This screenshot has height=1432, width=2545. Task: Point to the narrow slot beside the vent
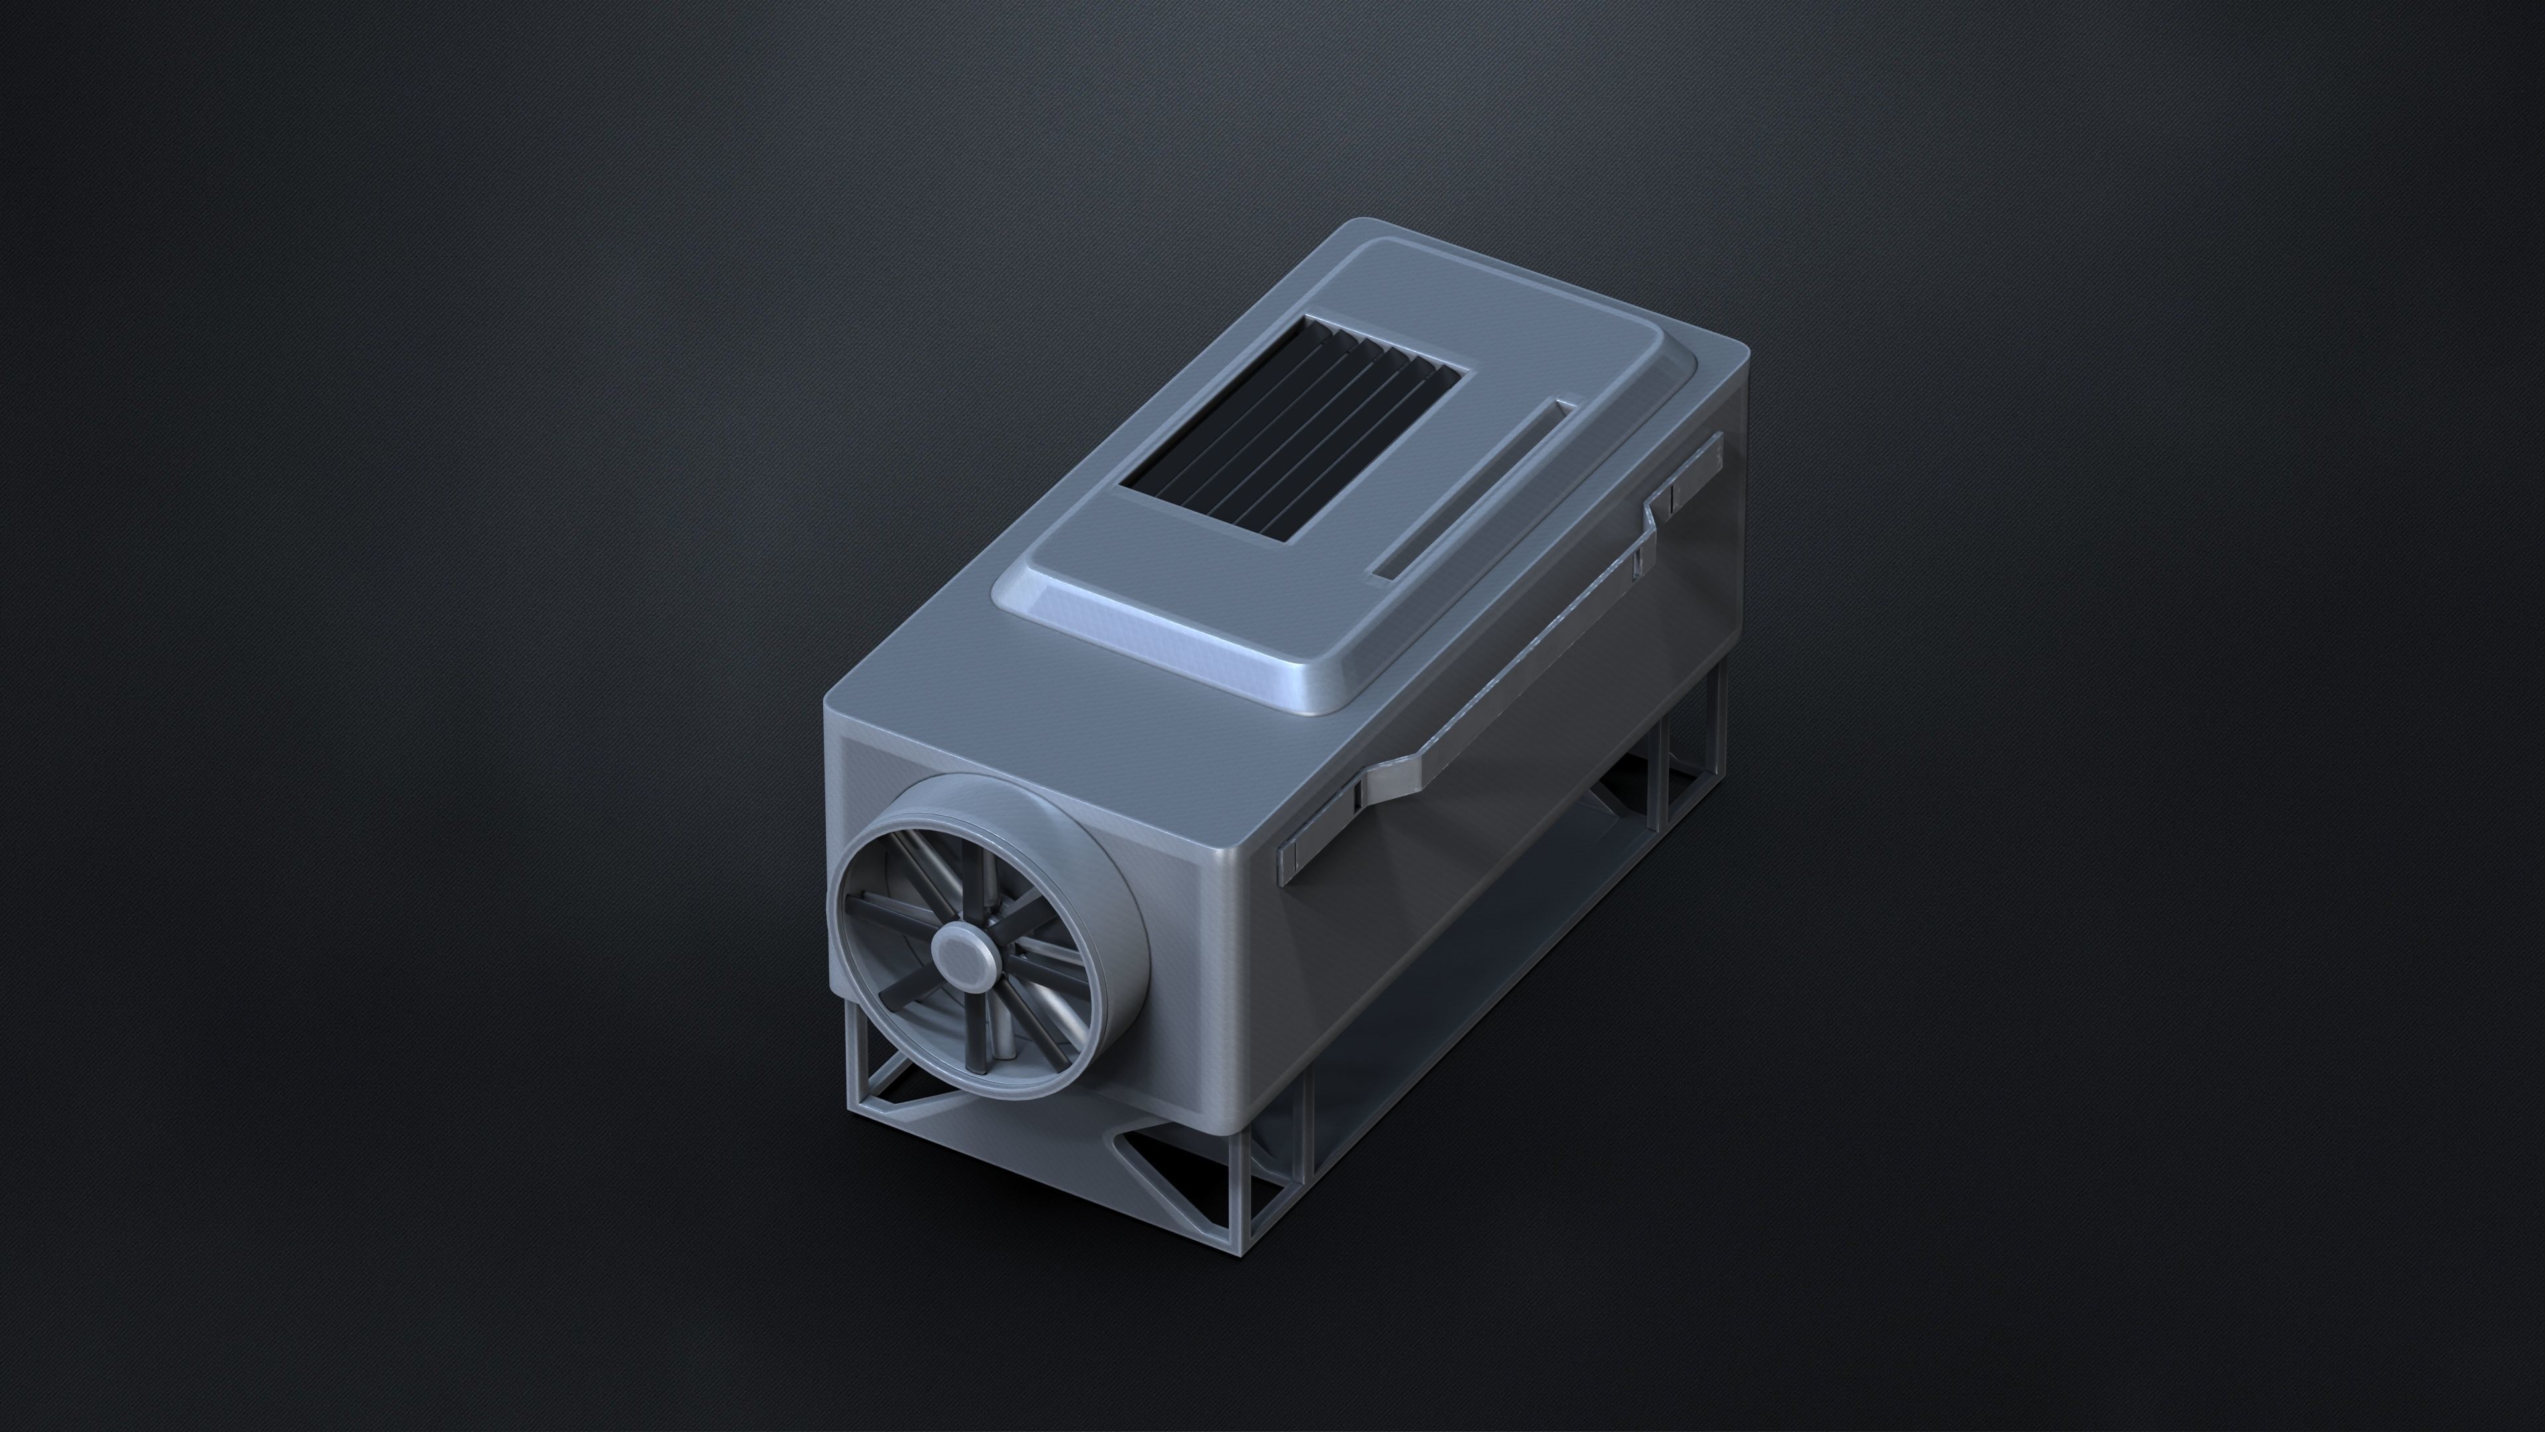1472,489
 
